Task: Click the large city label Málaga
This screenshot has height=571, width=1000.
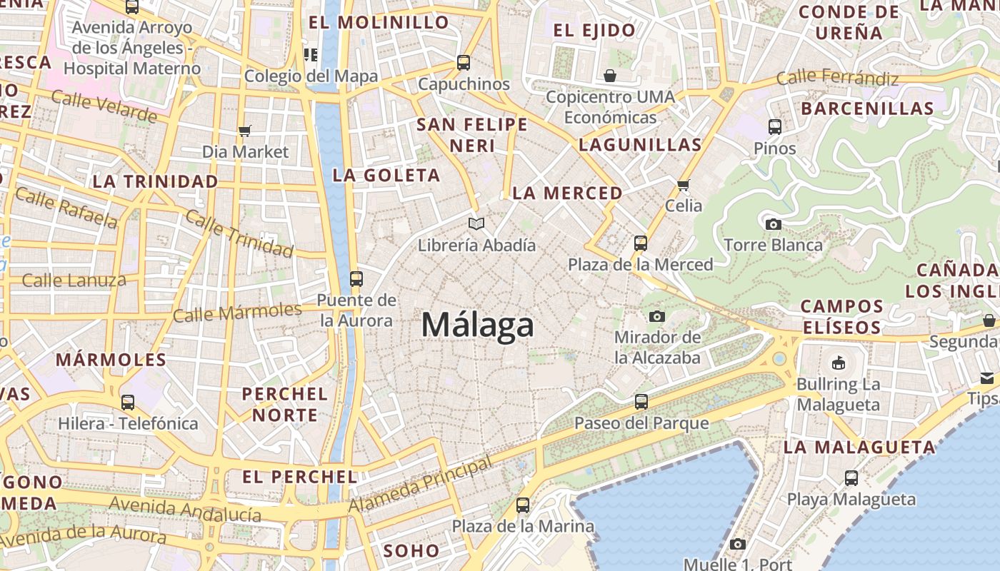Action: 477,325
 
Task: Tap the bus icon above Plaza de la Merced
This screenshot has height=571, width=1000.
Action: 641,243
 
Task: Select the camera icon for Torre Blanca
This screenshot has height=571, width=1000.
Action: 773,224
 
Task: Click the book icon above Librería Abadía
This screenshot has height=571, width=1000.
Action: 476,223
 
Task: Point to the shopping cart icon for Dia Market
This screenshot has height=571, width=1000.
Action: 245,131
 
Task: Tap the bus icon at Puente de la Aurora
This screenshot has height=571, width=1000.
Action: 356,278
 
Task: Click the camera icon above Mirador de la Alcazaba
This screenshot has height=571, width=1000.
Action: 657,316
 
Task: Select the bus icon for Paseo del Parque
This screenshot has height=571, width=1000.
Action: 641,402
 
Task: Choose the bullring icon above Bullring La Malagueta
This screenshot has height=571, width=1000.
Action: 839,363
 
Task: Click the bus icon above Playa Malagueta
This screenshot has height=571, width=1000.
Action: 851,478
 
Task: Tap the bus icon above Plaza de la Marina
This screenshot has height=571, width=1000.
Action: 523,505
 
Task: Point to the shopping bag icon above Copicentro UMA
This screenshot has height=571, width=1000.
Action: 610,76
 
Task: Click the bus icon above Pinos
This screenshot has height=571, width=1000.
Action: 775,127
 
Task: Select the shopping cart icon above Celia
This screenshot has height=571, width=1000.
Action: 684,185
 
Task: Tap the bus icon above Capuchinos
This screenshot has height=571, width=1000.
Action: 464,63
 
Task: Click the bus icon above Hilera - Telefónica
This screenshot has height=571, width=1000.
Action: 128,403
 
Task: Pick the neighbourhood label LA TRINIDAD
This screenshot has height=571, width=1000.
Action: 155,181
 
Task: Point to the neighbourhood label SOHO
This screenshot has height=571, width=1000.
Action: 411,550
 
